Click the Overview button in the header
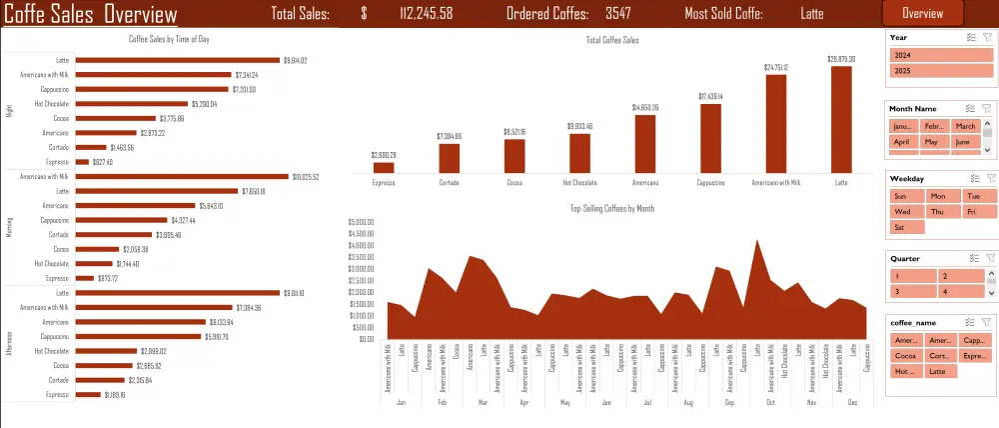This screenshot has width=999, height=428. point(922,14)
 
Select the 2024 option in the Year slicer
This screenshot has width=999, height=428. point(940,56)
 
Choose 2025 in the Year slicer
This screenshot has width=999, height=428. point(940,72)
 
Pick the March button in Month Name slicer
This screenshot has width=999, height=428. point(965,126)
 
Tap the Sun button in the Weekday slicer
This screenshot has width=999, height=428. point(904,196)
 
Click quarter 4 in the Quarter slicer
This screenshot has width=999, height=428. point(959,291)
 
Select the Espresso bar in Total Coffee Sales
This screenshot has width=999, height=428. point(383,167)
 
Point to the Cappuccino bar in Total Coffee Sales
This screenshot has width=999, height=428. point(710,138)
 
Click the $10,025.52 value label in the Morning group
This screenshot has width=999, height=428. point(311,177)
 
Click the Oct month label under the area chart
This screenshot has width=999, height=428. point(770,402)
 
